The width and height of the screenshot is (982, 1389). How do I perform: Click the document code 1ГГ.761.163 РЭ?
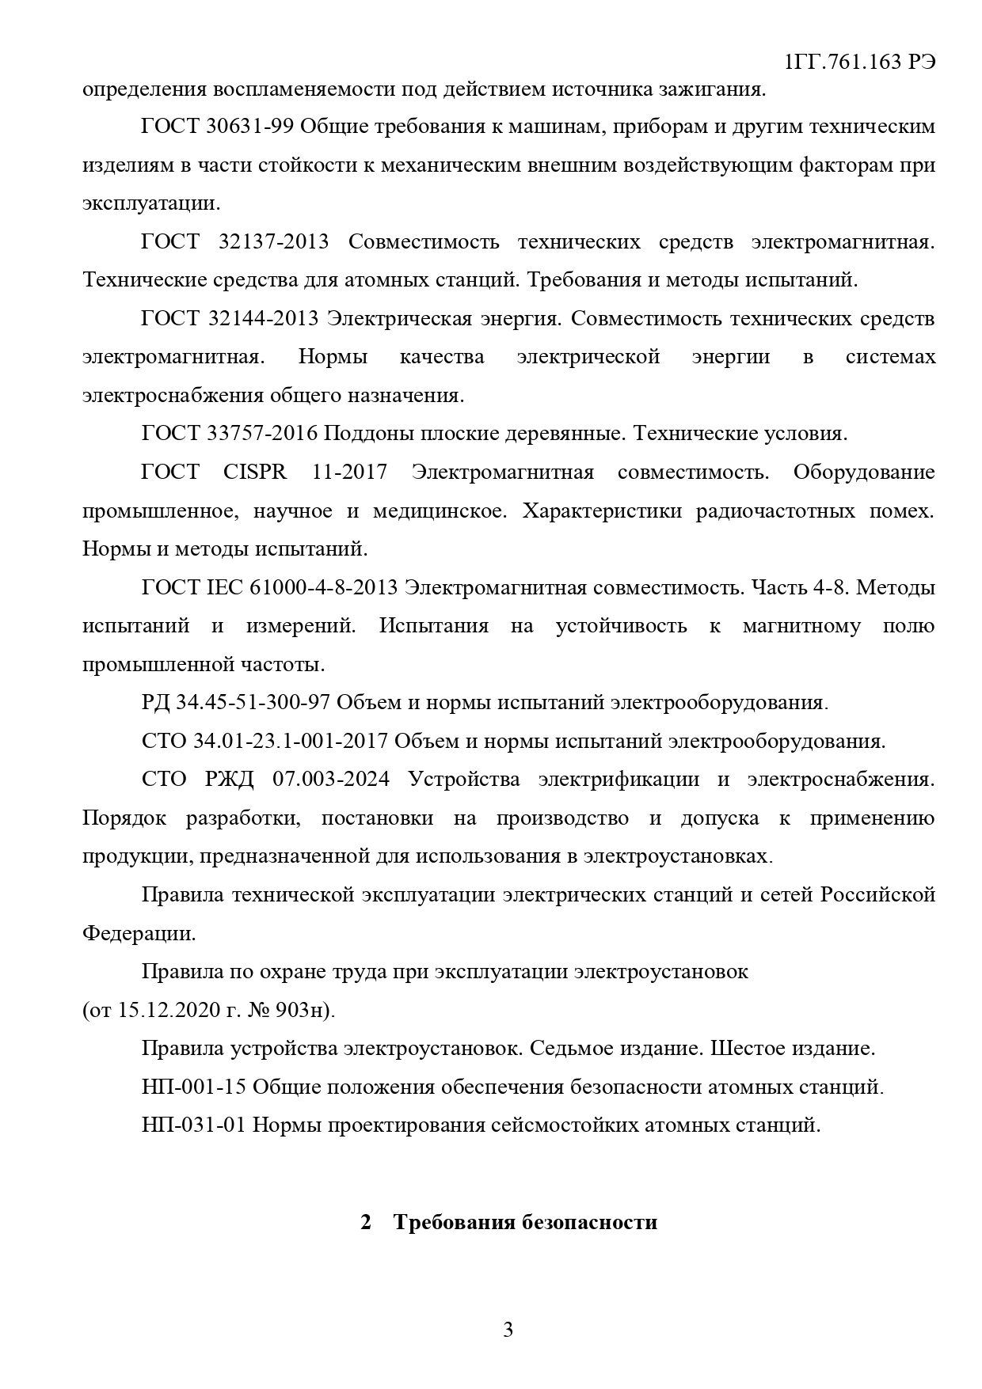point(858,63)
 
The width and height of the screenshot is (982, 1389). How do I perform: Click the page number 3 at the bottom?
point(508,1329)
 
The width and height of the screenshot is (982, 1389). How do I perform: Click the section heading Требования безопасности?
point(525,1222)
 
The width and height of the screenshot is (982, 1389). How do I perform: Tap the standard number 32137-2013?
point(273,242)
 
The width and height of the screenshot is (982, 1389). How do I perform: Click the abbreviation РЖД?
point(230,779)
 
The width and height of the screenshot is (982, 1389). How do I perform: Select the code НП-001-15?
point(194,1087)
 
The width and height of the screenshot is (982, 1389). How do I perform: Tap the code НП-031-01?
point(194,1125)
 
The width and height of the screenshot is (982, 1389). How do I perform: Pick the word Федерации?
point(139,933)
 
